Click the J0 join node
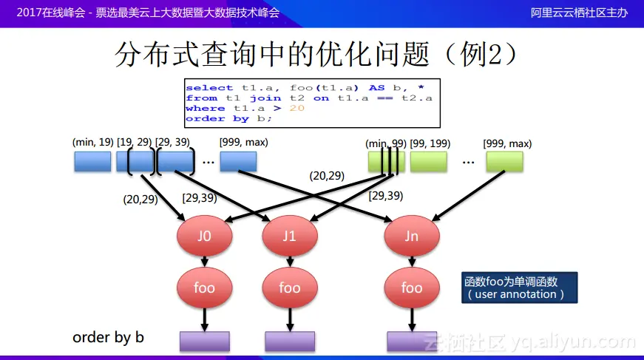[x=204, y=237]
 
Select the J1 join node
[x=289, y=237]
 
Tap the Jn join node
[x=412, y=237]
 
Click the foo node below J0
[x=204, y=288]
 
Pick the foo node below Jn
[x=412, y=288]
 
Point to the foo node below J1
[x=289, y=288]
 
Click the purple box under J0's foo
[x=204, y=341]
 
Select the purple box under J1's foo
[x=290, y=341]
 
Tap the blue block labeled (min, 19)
[x=92, y=161]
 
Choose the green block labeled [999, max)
[x=504, y=161]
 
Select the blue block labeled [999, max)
[x=238, y=161]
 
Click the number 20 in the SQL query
[x=297, y=108]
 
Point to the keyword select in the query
[x=209, y=87]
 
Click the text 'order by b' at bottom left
[x=108, y=337]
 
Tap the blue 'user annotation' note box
[x=520, y=288]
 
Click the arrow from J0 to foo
[x=204, y=261]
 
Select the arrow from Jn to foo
[x=412, y=261]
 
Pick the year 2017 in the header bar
[x=30, y=13]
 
